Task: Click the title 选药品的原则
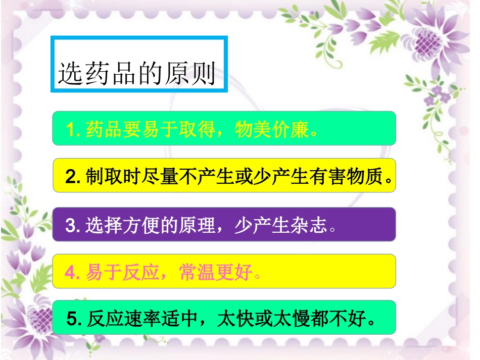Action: (x=137, y=74)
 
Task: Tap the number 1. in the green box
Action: (x=73, y=129)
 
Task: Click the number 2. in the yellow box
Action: (x=73, y=177)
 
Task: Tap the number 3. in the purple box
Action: (x=73, y=225)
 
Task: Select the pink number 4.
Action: (x=73, y=273)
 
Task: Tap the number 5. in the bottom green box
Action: (x=74, y=319)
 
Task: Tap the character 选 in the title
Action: (x=69, y=74)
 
